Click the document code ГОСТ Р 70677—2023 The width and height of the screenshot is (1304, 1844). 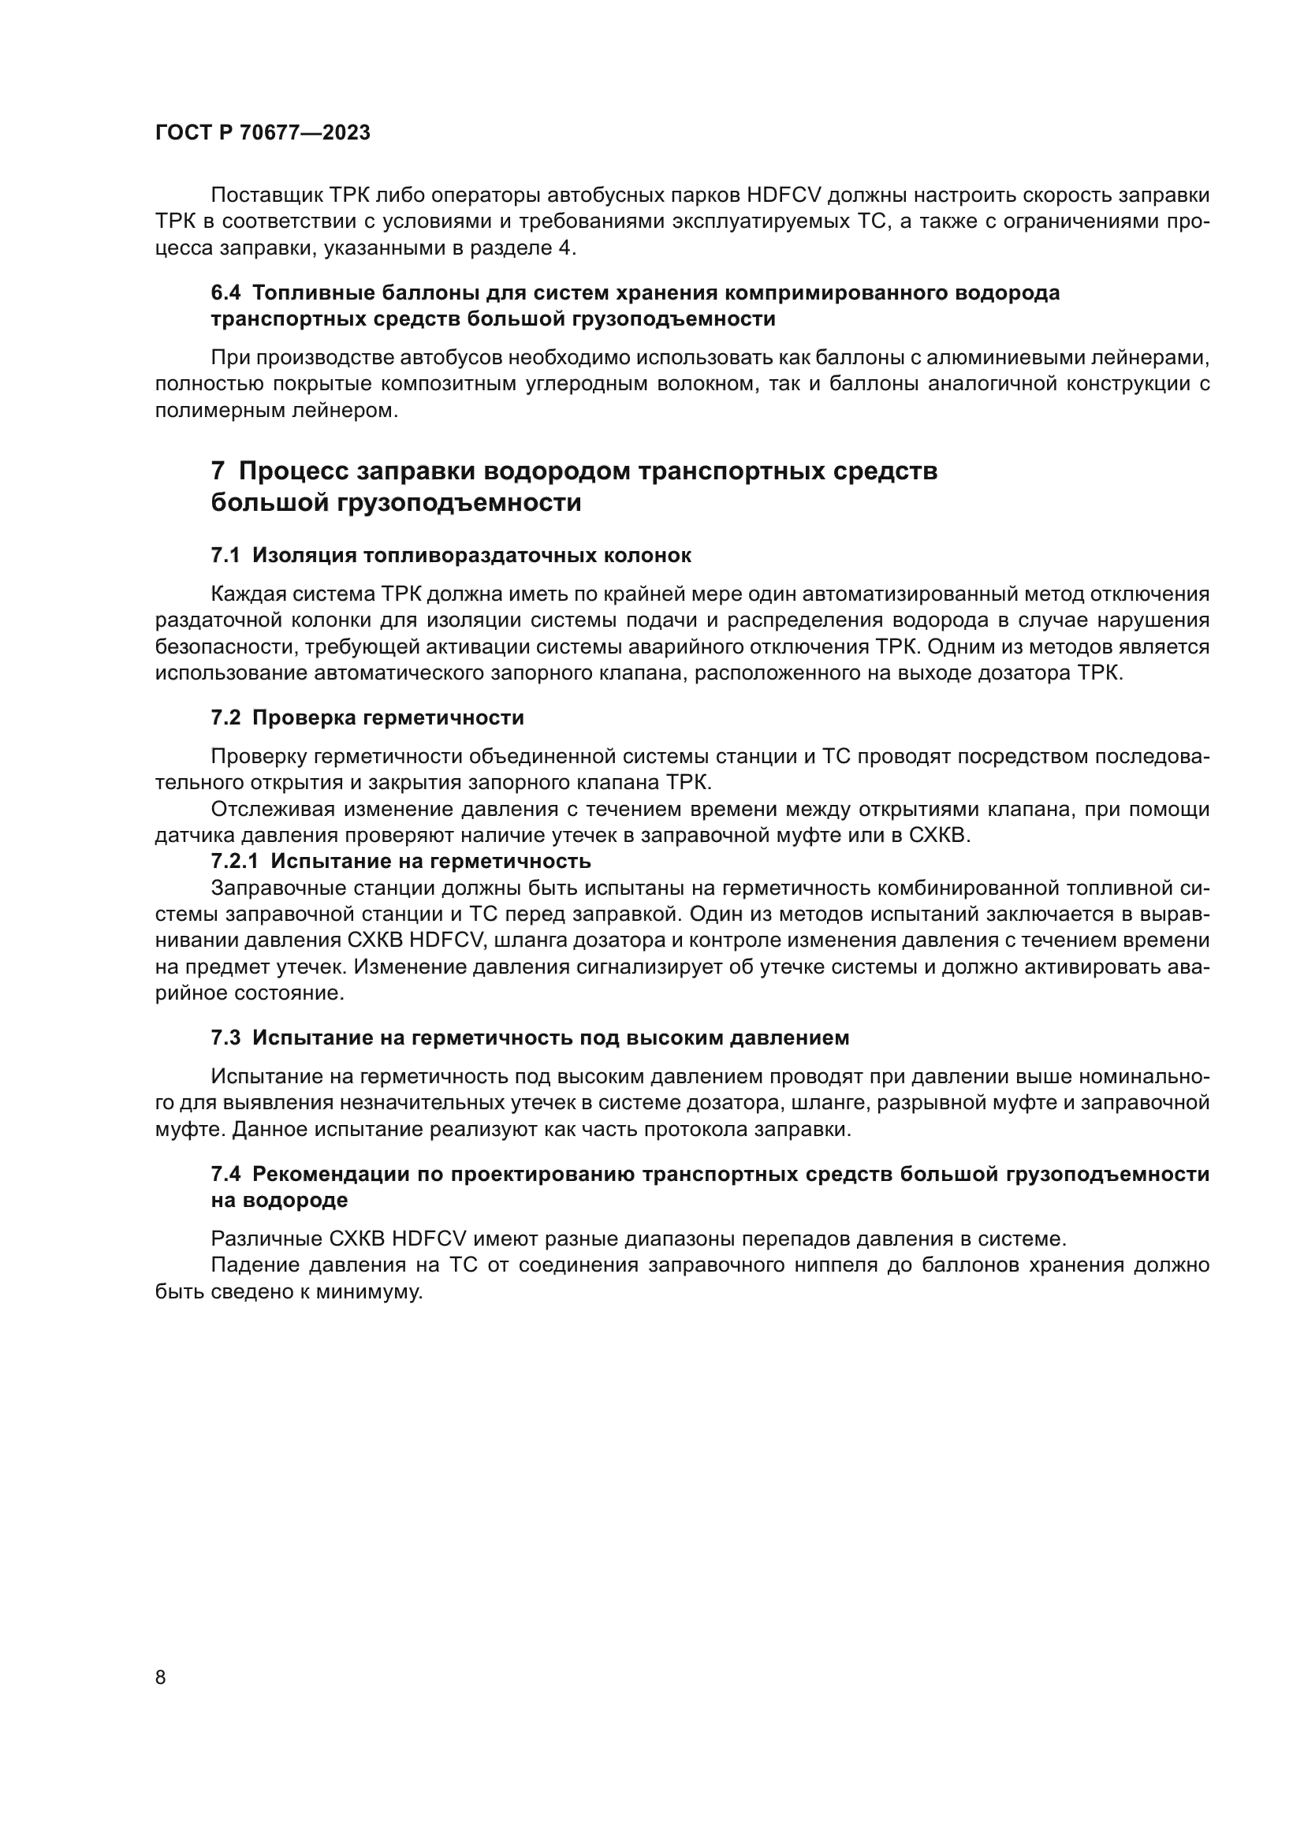point(263,133)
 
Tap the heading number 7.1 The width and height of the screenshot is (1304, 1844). point(225,556)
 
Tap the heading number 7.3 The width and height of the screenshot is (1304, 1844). point(225,1038)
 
